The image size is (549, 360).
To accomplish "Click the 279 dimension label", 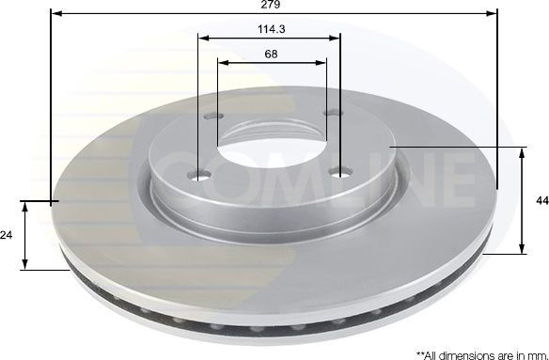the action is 271,5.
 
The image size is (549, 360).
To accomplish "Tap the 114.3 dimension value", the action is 272,29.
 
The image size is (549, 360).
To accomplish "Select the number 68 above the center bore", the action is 272,54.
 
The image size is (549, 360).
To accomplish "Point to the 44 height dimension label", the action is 542,200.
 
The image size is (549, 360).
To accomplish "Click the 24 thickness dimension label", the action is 7,235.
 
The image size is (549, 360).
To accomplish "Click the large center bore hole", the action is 272,153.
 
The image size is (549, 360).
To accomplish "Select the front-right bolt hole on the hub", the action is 341,172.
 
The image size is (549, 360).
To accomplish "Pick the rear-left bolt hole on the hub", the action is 213,116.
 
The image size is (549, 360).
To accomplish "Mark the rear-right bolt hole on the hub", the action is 333,113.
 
